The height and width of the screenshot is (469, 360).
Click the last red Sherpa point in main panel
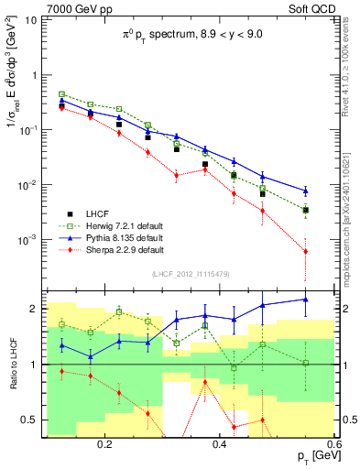tap(305, 251)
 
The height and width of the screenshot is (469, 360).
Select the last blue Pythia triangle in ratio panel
tap(305, 300)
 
